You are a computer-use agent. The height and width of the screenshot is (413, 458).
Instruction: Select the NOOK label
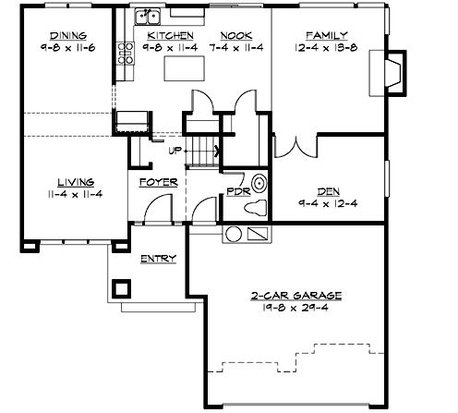click(x=237, y=34)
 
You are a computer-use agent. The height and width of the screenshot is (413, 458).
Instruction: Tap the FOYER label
click(x=158, y=182)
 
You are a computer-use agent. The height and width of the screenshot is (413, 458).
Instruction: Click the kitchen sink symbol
click(x=147, y=17)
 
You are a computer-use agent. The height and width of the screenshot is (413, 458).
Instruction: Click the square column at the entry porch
click(x=121, y=286)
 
